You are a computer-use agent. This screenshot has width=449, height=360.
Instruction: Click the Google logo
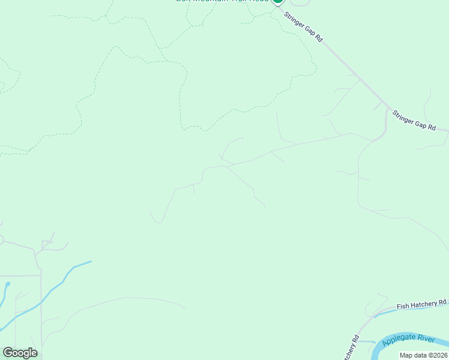(20, 353)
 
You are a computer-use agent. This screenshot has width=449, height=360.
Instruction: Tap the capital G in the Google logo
(8, 353)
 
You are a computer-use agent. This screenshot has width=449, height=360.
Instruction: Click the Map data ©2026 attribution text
(423, 355)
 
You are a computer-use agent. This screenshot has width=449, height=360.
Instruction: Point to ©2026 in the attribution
(436, 355)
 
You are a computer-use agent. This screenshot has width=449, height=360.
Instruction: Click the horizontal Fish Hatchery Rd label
(422, 304)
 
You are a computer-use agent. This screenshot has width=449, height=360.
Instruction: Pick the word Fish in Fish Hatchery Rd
(403, 306)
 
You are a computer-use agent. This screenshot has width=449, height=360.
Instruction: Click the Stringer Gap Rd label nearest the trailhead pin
(303, 28)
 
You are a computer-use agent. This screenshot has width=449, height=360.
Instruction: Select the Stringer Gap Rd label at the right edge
(414, 119)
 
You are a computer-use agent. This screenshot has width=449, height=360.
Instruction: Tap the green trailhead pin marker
(277, 2)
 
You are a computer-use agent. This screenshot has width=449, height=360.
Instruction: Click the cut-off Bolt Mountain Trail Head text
(222, 2)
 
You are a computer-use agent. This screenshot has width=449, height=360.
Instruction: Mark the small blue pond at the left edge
(7, 284)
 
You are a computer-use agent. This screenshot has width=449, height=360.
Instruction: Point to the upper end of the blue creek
(90, 262)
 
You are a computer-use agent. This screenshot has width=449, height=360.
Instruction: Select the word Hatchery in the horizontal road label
(423, 304)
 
